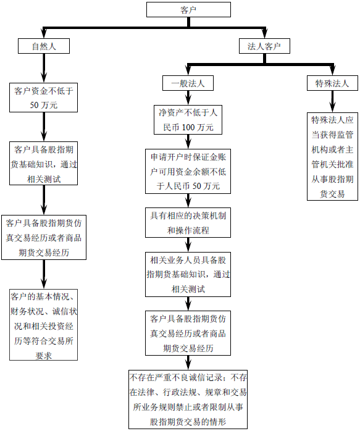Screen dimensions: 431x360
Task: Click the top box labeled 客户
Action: tap(188, 9)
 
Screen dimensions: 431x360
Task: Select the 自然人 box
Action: tap(43, 46)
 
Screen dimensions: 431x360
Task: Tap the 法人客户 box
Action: tap(264, 46)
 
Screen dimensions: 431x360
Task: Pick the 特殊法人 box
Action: tap(332, 83)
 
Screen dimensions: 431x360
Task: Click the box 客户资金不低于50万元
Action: tap(44, 98)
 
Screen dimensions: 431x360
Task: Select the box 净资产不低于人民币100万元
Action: tap(186, 120)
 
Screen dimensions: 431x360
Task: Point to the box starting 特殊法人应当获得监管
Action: tap(332, 156)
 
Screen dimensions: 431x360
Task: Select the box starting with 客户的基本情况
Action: tap(44, 324)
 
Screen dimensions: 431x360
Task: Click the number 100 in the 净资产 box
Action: tap(189, 127)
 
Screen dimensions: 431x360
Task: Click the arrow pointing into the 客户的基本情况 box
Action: tap(44, 274)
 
